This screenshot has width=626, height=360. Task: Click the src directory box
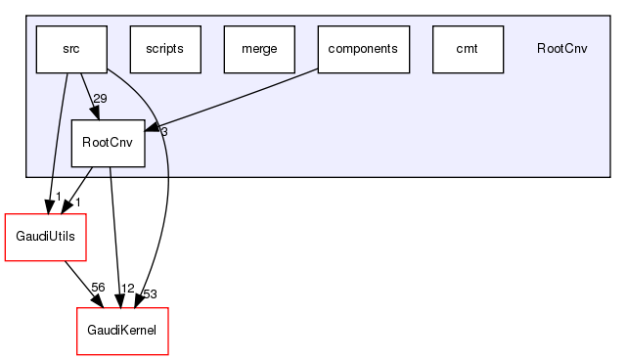70,49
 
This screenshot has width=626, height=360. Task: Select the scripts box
165,49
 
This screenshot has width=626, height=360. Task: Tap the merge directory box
259,49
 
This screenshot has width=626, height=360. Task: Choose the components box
363,49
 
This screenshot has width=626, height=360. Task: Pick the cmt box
467,49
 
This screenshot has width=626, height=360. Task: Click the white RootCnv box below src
108,143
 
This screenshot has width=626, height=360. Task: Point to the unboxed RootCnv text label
561,49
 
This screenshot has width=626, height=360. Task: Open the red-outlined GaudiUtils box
46,238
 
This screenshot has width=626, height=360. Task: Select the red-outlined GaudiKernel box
122,332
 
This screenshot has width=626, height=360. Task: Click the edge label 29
100,99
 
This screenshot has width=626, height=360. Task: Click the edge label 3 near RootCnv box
163,131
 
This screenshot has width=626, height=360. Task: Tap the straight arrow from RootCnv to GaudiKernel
114,235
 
